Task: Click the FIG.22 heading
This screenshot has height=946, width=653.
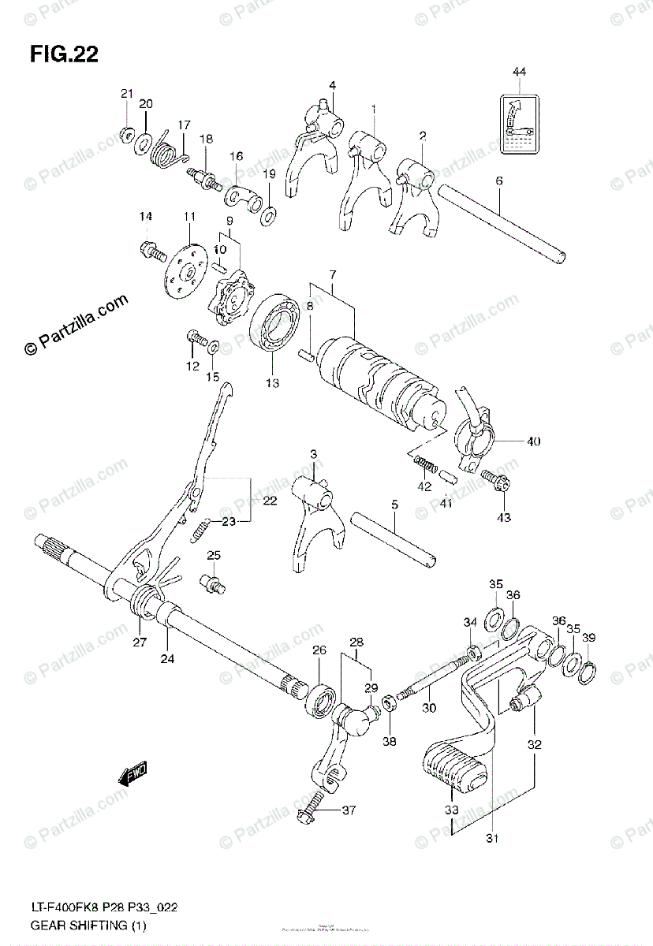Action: pyautogui.click(x=64, y=54)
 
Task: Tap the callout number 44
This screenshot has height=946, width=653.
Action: pyautogui.click(x=518, y=73)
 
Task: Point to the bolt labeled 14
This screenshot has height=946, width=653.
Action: pyautogui.click(x=151, y=251)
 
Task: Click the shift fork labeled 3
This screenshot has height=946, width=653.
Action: pyautogui.click(x=314, y=520)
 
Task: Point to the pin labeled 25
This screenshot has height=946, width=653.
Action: pyautogui.click(x=215, y=583)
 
